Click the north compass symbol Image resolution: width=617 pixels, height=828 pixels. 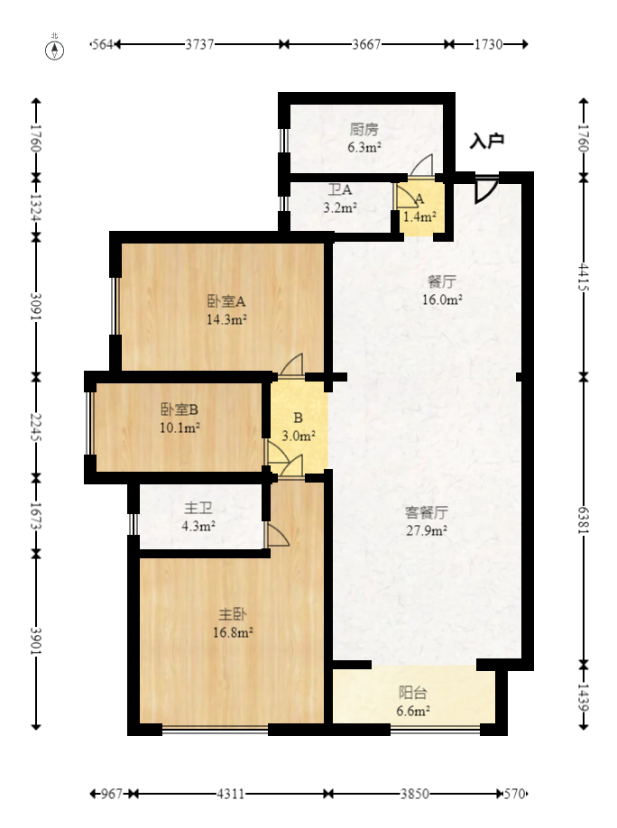click(55, 49)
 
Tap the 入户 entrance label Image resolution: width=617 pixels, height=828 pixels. click(487, 141)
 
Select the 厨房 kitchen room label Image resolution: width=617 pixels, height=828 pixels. click(364, 129)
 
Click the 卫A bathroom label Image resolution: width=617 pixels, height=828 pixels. click(340, 190)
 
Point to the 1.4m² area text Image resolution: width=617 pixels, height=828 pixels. click(419, 216)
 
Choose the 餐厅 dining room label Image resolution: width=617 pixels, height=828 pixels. click(443, 281)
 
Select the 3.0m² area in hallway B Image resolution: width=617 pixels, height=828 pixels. click(299, 436)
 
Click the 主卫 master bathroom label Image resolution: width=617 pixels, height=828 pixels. click(198, 509)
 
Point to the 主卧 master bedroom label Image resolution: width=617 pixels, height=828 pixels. click(233, 614)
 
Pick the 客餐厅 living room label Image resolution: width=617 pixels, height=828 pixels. click(427, 512)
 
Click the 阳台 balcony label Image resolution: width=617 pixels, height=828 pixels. click(413, 693)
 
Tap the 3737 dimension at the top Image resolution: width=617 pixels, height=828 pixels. click(199, 43)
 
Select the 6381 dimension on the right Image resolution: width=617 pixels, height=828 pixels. click(584, 519)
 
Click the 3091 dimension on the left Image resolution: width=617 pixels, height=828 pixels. click(36, 302)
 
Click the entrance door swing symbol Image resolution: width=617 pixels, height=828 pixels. click(485, 188)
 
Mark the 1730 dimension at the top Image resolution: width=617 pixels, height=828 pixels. click(488, 43)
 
